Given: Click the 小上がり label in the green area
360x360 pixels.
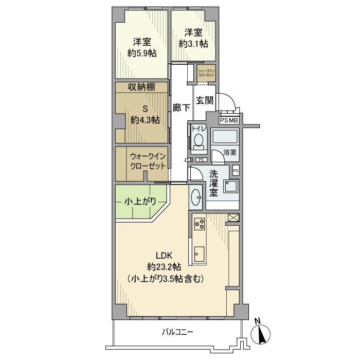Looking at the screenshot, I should [x=139, y=202].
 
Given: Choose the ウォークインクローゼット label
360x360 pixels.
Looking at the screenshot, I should [x=148, y=161].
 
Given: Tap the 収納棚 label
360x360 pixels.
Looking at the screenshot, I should [x=141, y=87].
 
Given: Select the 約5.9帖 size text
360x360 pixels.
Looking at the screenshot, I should [x=142, y=53].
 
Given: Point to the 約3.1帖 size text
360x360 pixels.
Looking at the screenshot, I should [x=194, y=44].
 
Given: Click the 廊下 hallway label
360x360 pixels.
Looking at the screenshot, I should [x=181, y=108].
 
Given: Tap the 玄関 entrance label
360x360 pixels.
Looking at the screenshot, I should [x=205, y=101].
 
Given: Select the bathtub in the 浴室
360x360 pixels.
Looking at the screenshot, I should [x=225, y=137].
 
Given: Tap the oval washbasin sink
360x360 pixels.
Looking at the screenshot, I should [x=196, y=196].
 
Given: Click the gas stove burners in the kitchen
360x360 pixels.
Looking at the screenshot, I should [x=200, y=224].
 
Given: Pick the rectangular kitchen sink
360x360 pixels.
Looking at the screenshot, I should [x=199, y=253].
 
